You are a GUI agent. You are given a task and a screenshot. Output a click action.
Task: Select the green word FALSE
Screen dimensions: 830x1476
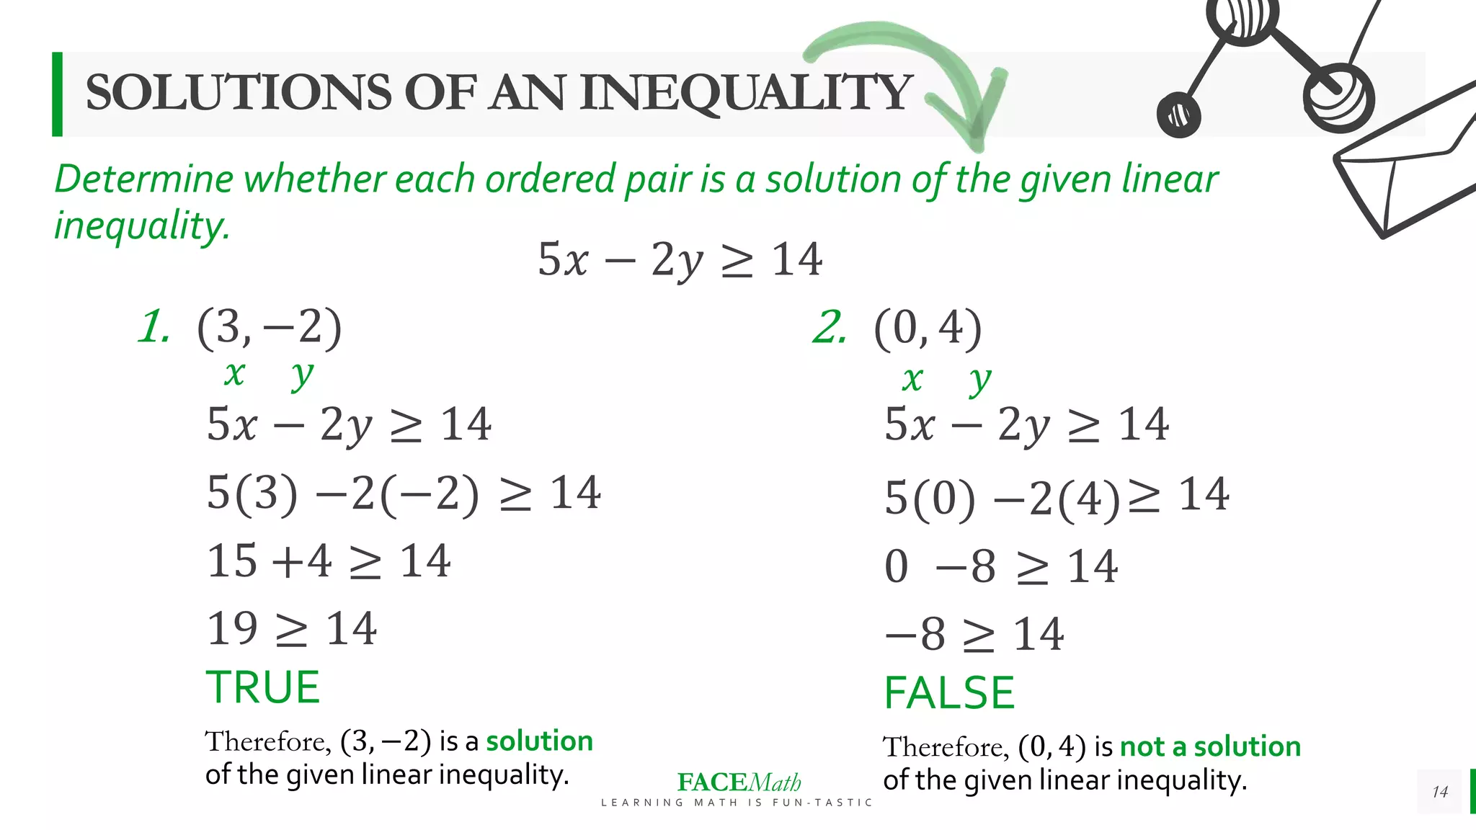[x=949, y=692]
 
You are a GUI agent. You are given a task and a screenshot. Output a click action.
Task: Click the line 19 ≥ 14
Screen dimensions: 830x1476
[x=291, y=628]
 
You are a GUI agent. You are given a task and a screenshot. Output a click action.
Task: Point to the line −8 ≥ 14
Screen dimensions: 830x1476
[x=974, y=634]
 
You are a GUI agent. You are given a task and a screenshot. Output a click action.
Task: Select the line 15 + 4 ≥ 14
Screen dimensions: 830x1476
[x=329, y=561]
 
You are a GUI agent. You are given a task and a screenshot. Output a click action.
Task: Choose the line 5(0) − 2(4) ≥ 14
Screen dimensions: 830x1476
[x=1056, y=496]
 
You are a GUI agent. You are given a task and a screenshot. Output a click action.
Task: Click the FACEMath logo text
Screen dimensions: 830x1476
[x=739, y=782]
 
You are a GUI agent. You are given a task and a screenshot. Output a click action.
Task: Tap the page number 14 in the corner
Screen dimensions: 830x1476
[x=1439, y=791]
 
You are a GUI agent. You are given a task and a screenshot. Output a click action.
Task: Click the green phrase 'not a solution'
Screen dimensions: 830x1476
[x=1210, y=746]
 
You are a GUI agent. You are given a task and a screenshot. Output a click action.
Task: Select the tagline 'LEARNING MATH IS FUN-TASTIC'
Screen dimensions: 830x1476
[x=737, y=803]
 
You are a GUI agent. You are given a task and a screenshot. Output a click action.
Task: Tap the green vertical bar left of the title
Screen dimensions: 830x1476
[x=57, y=94]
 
